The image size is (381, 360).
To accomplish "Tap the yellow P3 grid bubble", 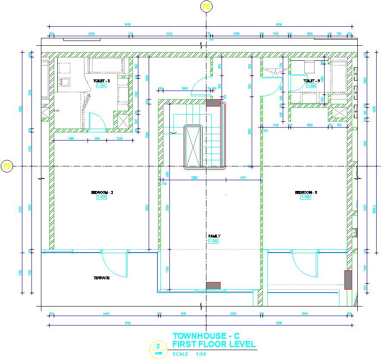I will coord(7,166).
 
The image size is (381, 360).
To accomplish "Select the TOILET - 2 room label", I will coord(101,81).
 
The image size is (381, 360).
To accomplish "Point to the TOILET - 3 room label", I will coord(312,81).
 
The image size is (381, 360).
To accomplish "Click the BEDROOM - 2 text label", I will coord(102,192).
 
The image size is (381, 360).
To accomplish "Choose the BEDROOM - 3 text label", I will coord(306,192).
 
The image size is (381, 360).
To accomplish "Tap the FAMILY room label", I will coord(214,236).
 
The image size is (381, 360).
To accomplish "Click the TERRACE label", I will coord(101,278).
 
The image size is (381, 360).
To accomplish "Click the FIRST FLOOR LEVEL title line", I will coord(214,344).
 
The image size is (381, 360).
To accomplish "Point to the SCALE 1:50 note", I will coord(189,354).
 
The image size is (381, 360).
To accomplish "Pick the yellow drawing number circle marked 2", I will coord(158,347).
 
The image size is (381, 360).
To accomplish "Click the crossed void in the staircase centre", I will coord(193,146).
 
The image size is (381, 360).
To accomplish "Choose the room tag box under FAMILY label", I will coord(214,241).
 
